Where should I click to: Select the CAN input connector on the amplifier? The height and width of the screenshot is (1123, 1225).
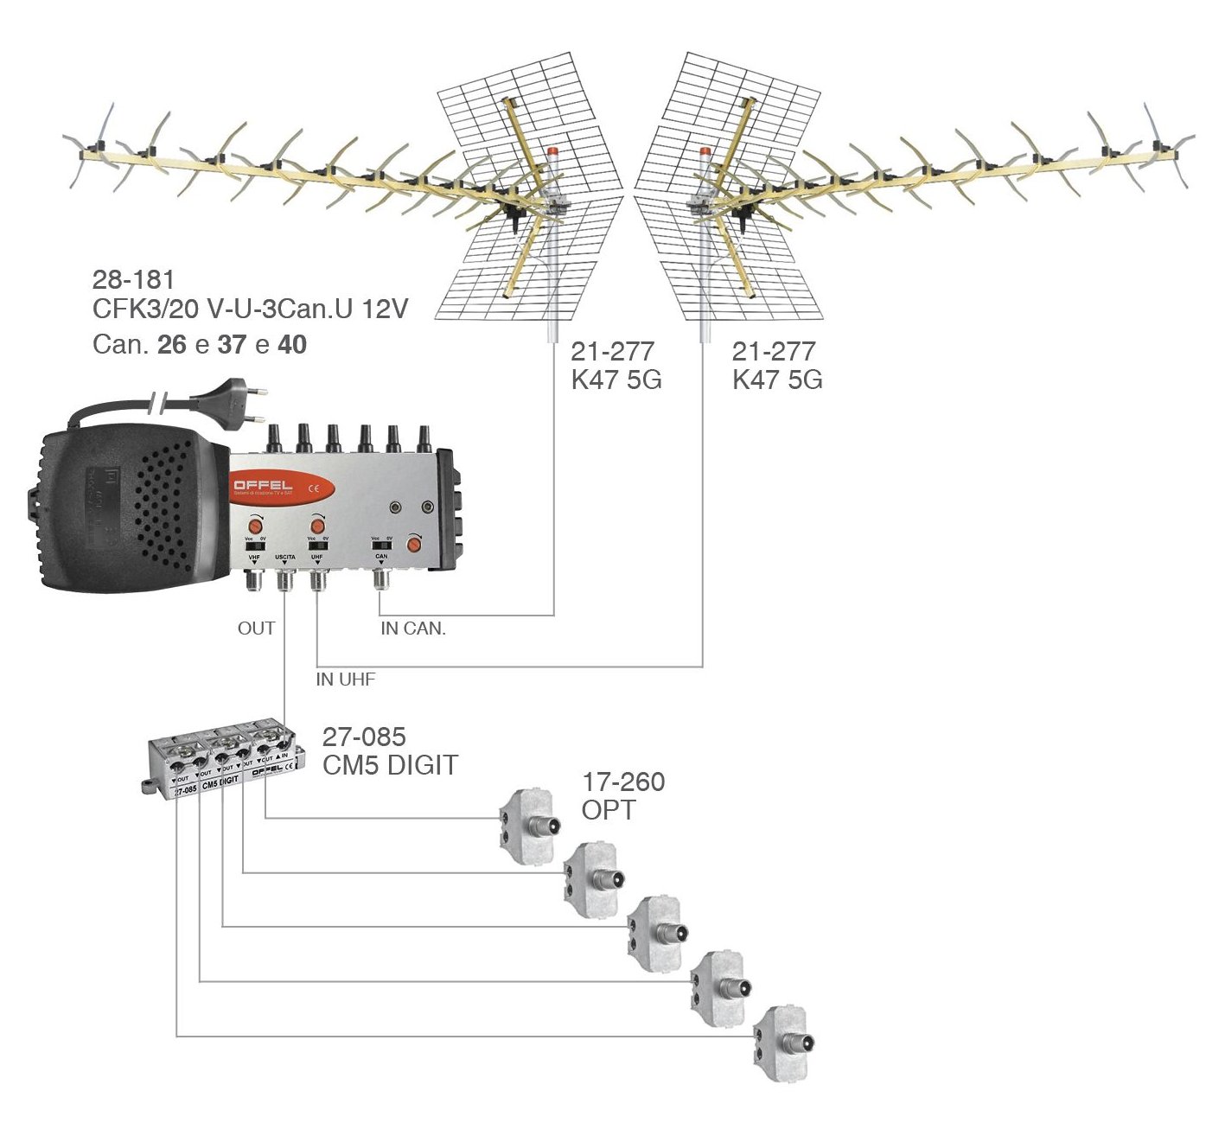pos(381,582)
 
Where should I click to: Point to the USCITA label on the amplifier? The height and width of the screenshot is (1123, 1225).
pos(285,558)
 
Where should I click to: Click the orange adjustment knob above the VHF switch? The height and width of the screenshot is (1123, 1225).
pos(256,523)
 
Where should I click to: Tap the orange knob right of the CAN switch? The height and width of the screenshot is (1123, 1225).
pos(415,545)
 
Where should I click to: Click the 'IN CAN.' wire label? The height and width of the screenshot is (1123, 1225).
pos(413,629)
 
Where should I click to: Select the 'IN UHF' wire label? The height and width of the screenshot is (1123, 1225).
pos(345,680)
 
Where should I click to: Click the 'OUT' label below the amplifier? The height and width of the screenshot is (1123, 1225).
pos(256,628)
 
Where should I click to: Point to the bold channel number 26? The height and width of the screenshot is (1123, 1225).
pos(172,345)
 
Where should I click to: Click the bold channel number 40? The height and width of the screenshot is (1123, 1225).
pos(292,345)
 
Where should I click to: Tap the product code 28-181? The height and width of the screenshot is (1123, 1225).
pos(133,280)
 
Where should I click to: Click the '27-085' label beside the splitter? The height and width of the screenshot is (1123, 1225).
pos(363,737)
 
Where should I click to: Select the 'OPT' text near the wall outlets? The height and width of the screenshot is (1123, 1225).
pos(609,811)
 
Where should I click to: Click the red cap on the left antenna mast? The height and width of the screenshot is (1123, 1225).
pos(552,151)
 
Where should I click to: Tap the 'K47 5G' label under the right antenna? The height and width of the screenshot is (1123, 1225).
pos(777,380)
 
